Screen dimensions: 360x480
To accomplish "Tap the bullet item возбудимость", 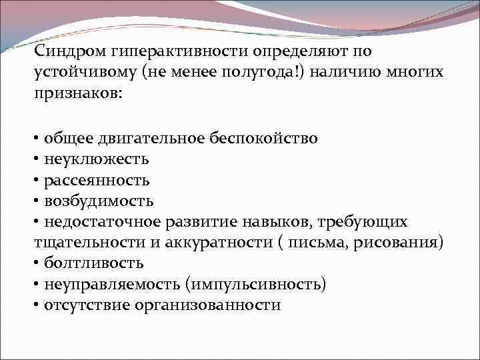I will [99, 201].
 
